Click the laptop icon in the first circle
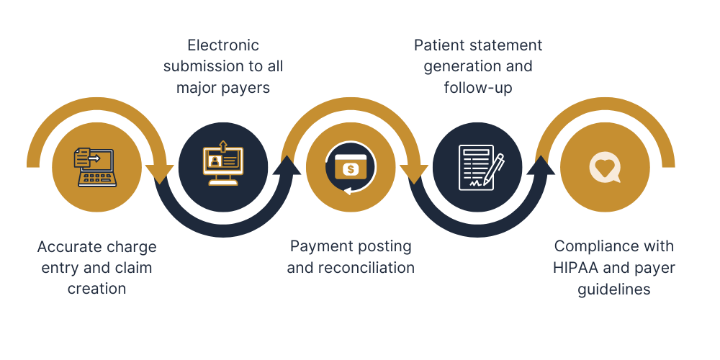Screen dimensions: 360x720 (95, 166)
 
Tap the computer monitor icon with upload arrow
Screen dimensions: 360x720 (222, 165)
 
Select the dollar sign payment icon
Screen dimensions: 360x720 (350, 168)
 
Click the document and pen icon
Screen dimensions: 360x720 (477, 167)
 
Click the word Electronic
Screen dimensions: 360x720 (222, 45)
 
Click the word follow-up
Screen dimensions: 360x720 (478, 88)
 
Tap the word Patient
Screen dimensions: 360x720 (440, 45)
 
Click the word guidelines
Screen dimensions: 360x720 (614, 289)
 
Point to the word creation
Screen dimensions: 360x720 (97, 289)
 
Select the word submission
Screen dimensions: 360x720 (204, 66)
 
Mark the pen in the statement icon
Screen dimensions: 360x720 (494, 167)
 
